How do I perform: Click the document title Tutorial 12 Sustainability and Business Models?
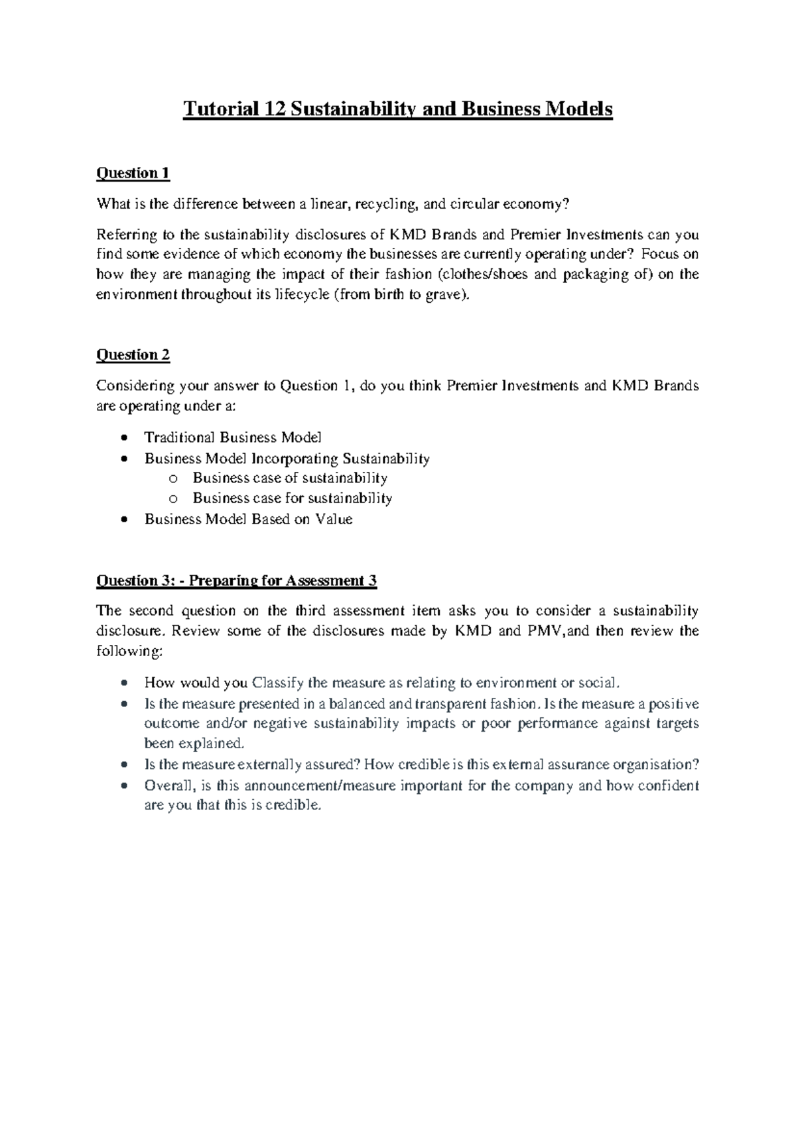tap(397, 109)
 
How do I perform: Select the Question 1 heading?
tap(133, 174)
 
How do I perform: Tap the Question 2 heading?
tap(133, 355)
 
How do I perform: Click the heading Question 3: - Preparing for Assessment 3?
tap(237, 581)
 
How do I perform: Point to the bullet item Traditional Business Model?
tap(233, 437)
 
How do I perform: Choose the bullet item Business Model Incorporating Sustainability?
tap(287, 459)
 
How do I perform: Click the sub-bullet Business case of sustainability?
tap(290, 478)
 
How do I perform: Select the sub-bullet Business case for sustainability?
tap(293, 498)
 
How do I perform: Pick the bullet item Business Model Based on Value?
tap(249, 520)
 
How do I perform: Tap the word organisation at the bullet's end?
tap(656, 765)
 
